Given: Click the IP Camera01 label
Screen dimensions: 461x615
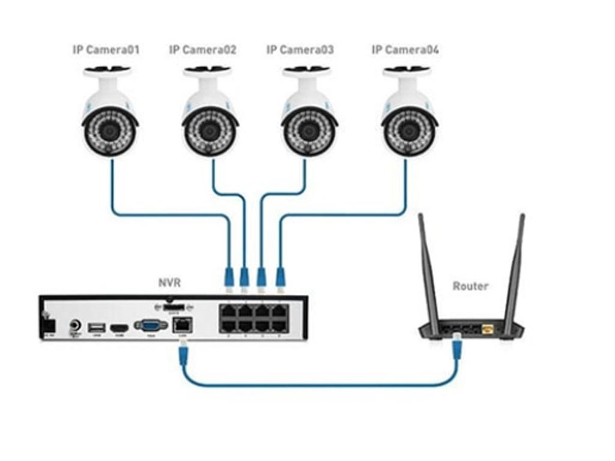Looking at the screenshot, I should point(106,50).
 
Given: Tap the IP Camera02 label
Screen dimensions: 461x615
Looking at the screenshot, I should point(202,50).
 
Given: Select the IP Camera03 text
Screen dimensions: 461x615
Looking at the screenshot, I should point(300,50).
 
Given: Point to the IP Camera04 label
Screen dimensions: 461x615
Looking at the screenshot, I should point(405,50).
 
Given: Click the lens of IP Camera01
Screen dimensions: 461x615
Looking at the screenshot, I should point(109,131).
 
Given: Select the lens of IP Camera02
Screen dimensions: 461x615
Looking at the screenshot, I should point(209,131).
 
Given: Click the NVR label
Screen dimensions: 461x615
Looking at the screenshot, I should point(169,282).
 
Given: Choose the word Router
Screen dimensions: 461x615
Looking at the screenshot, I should point(470,286).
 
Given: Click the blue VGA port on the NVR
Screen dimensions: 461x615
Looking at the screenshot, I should point(151,325).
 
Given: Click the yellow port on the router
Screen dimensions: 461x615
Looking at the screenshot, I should point(488,329).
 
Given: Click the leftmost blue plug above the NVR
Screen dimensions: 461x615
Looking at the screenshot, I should point(228,278).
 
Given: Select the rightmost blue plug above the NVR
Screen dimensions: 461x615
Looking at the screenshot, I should point(280,278).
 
